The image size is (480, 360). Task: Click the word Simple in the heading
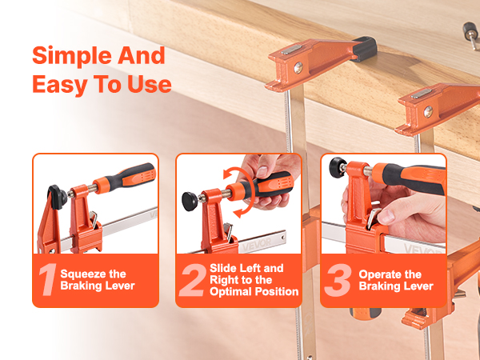tap(73, 57)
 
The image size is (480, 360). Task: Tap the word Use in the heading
tap(150, 85)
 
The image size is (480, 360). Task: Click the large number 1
tap(48, 279)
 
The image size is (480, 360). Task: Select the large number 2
tap(193, 280)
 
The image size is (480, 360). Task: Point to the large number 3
tap(338, 280)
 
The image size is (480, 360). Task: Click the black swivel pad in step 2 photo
tap(190, 202)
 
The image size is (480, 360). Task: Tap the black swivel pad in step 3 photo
tap(338, 167)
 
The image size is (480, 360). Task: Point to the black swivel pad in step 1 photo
tap(57, 197)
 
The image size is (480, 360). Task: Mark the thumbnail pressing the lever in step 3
tap(386, 217)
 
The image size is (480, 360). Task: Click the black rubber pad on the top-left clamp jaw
tap(365, 48)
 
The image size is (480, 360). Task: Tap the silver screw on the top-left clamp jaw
tap(298, 68)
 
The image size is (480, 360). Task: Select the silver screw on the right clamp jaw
tap(428, 111)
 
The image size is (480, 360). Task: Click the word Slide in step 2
tap(224, 268)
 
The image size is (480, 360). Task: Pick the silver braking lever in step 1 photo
tap(94, 218)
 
